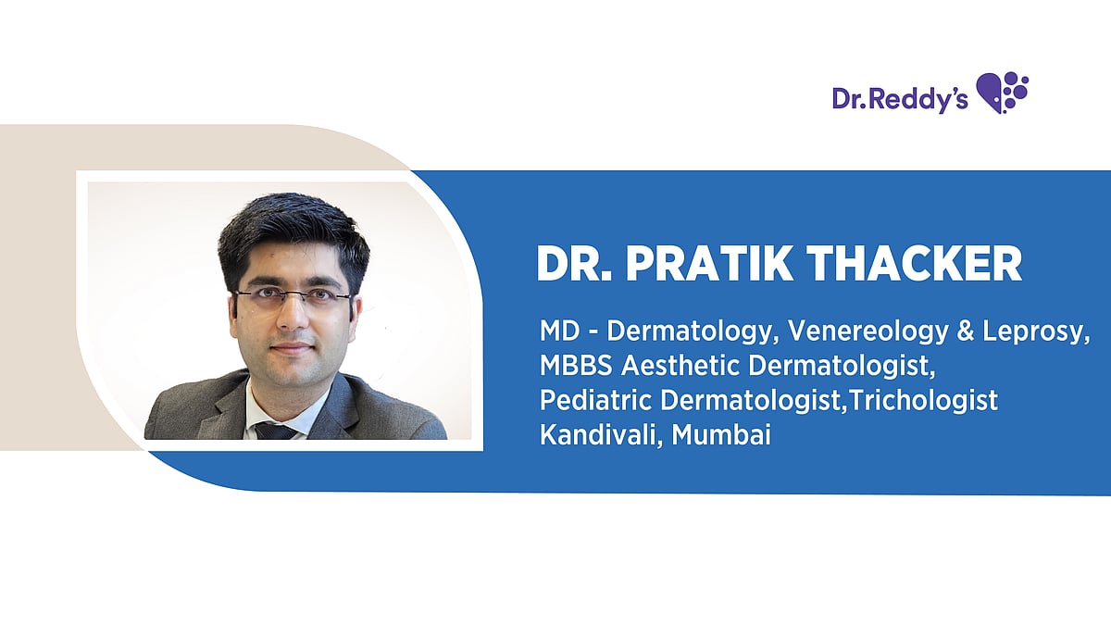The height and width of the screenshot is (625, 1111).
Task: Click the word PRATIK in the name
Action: click(x=708, y=265)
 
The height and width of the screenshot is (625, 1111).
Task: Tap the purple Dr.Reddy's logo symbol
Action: click(x=1003, y=93)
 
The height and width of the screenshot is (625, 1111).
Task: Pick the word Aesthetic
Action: click(x=680, y=367)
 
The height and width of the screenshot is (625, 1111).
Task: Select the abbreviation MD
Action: click(x=558, y=331)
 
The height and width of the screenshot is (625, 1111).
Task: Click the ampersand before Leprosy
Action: click(x=955, y=331)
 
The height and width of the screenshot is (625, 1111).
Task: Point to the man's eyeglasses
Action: click(x=292, y=298)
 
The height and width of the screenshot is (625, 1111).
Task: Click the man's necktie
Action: click(x=275, y=430)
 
